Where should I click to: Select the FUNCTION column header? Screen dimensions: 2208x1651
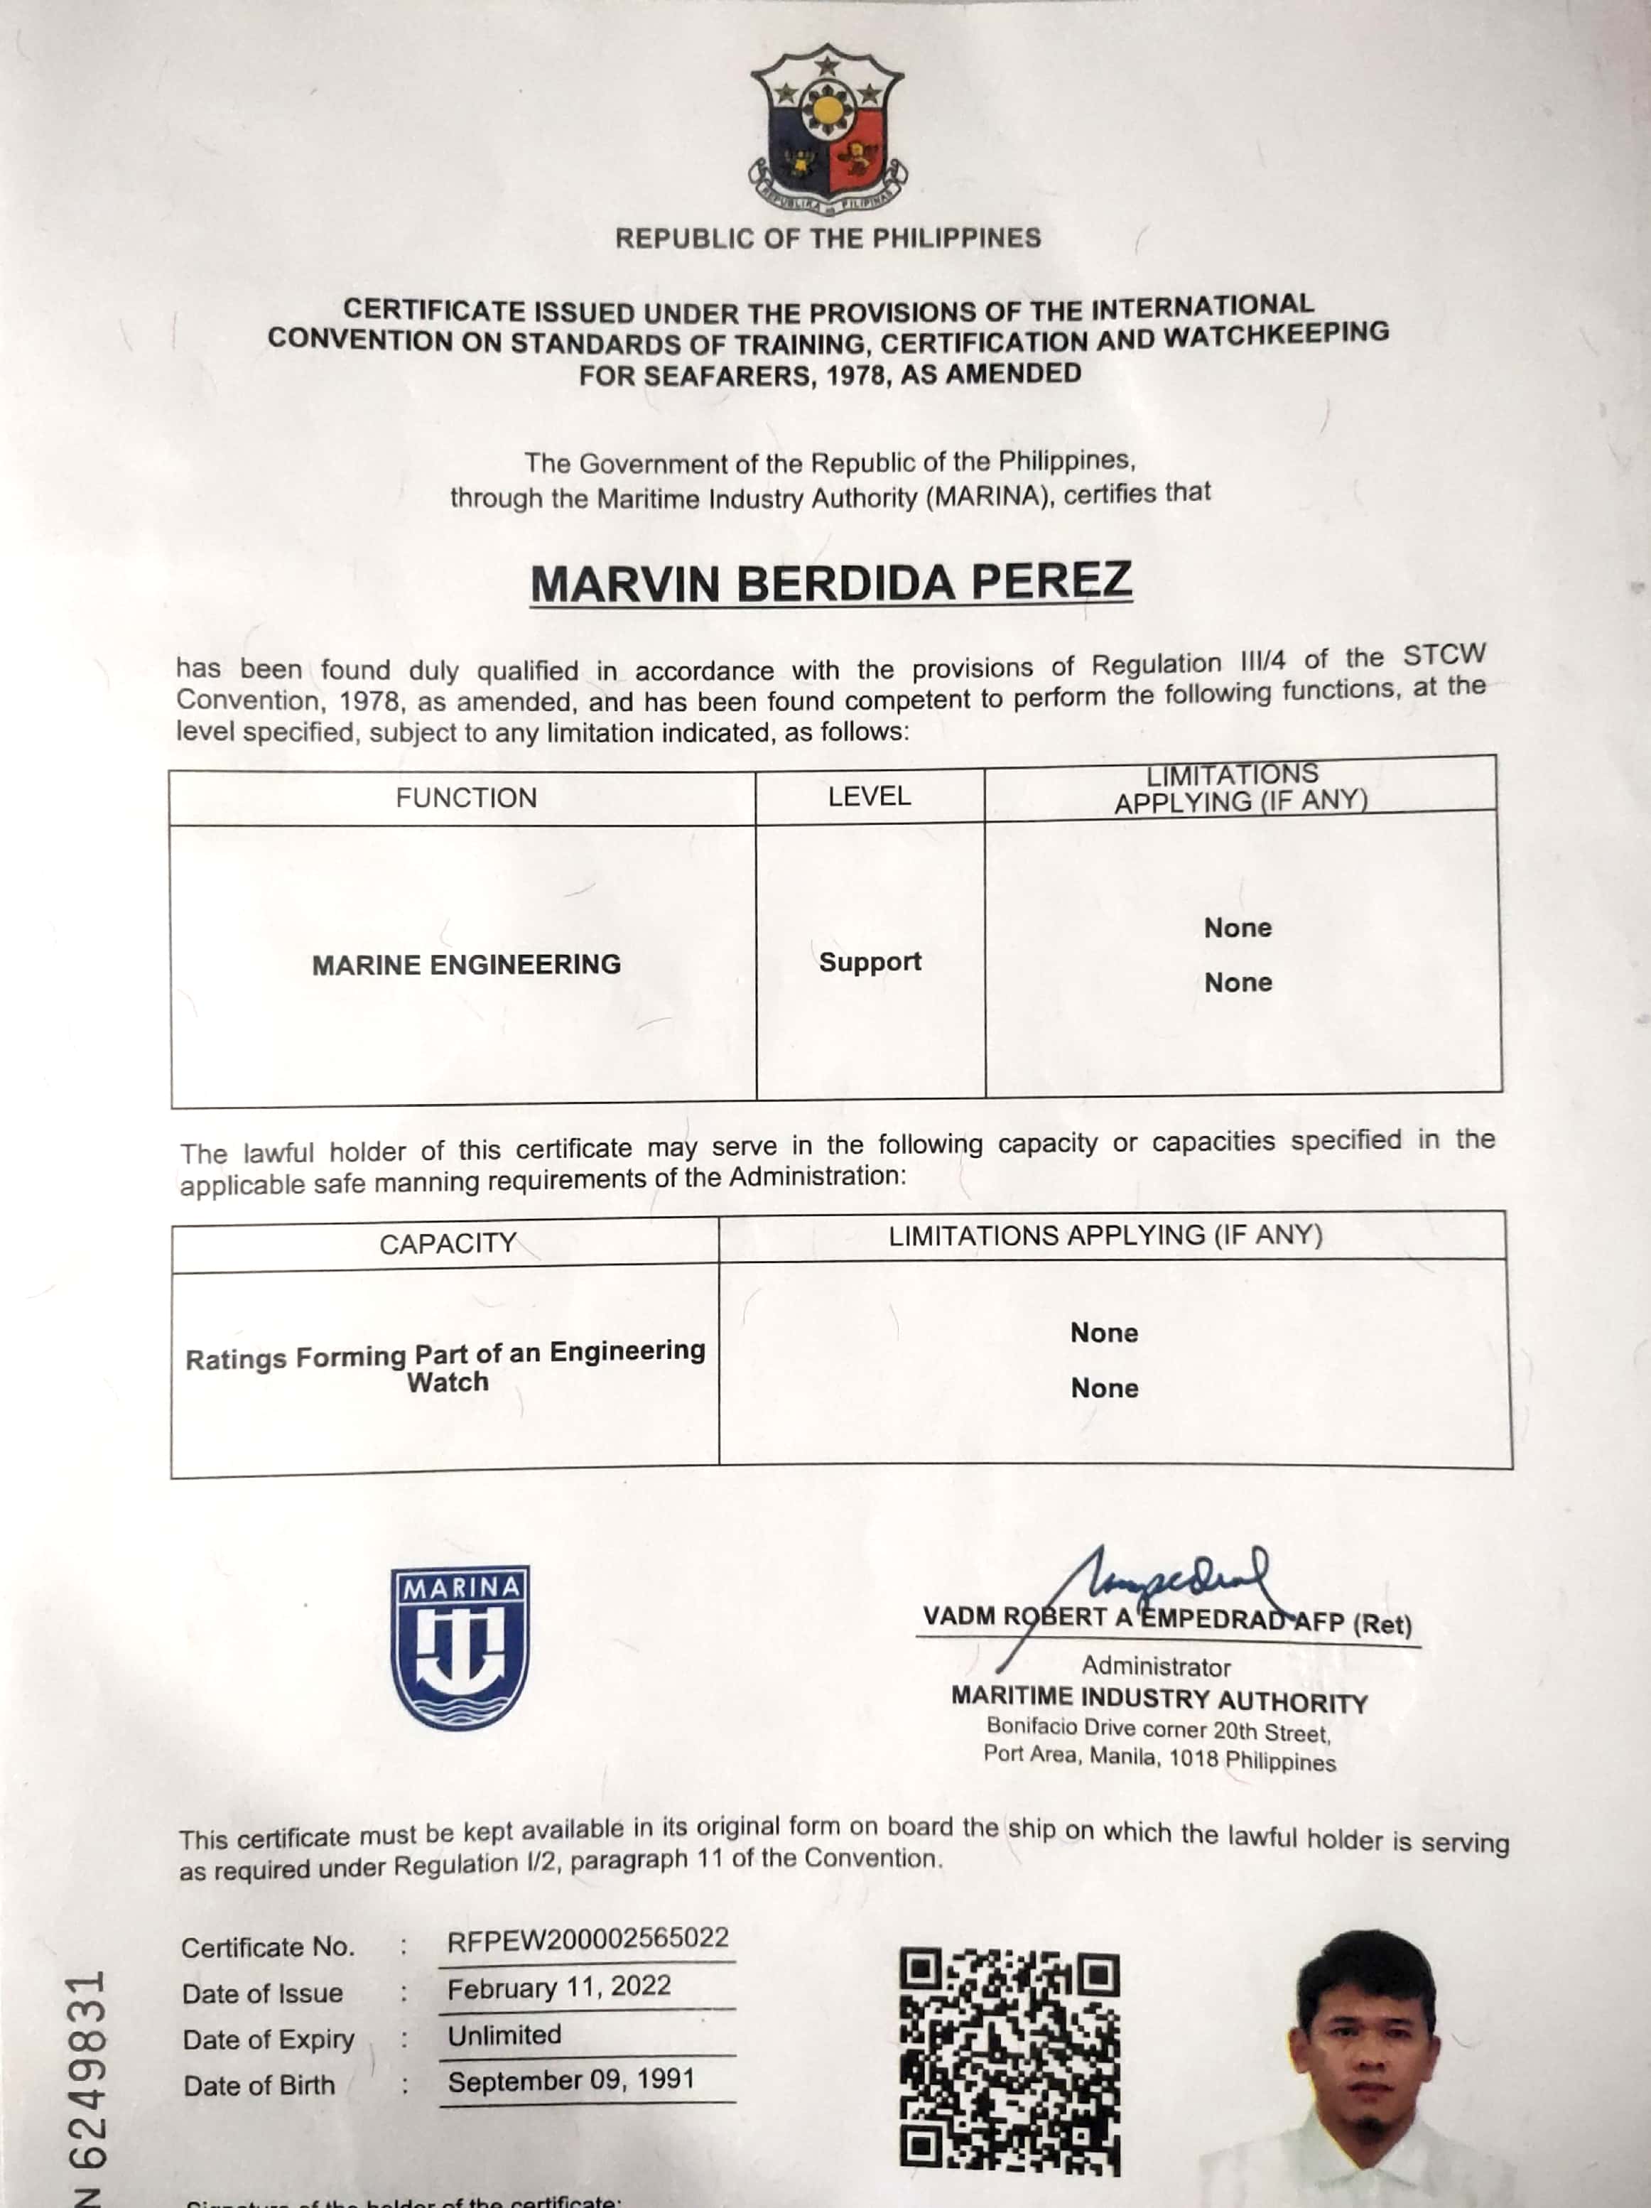click(x=465, y=798)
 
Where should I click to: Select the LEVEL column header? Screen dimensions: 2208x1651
click(x=870, y=796)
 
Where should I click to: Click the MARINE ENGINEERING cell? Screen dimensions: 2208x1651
click(x=466, y=964)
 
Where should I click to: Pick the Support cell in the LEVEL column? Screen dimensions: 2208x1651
click(x=870, y=961)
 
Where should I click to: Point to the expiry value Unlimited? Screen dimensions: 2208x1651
click(x=504, y=2035)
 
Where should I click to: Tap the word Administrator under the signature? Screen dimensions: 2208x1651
click(x=1156, y=1666)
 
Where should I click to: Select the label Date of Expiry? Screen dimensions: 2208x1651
click(x=269, y=2040)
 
